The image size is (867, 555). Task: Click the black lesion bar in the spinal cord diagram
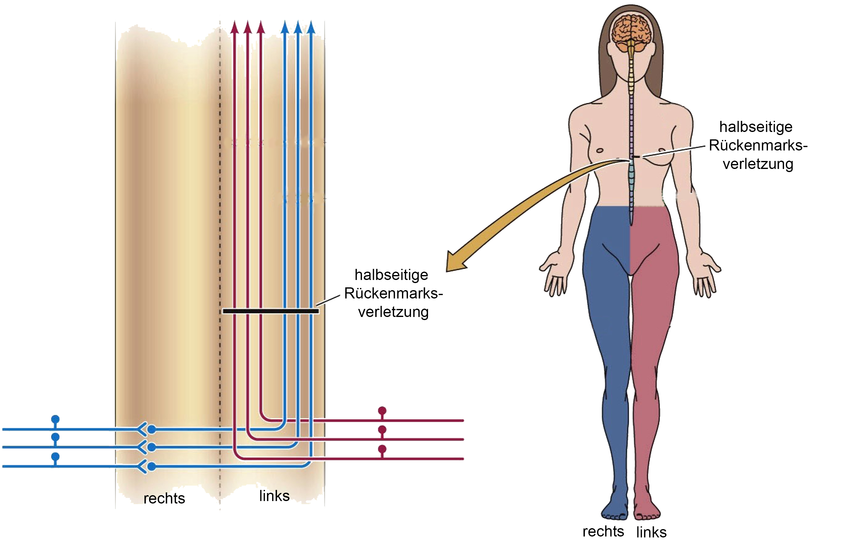[271, 311]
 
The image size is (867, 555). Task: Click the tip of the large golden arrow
[446, 271]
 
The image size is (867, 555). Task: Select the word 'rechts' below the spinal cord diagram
[164, 498]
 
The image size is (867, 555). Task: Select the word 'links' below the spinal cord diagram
[274, 496]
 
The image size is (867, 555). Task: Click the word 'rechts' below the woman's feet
[603, 532]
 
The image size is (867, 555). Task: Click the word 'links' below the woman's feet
[651, 532]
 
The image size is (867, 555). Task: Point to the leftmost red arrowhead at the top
[234, 27]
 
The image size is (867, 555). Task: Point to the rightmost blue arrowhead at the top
[311, 27]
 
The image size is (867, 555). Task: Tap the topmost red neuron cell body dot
[382, 411]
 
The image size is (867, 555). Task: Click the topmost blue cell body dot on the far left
[55, 419]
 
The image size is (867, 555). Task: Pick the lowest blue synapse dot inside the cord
[152, 466]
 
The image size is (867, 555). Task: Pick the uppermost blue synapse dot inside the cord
[152, 429]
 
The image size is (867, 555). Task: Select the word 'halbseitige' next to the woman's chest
[756, 127]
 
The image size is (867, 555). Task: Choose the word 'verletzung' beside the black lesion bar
[393, 312]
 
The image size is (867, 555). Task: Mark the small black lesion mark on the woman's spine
[636, 157]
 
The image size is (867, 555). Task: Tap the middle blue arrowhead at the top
[298, 27]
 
